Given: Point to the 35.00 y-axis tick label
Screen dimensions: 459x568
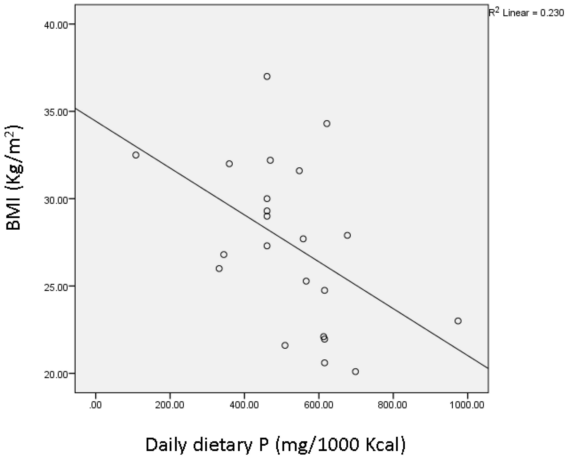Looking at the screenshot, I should click(56, 112).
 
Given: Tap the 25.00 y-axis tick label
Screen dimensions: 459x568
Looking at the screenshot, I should click(56, 287).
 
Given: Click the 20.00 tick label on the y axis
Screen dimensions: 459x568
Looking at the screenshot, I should click(56, 375).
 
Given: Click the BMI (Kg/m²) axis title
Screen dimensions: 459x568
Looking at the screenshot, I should click(14, 178).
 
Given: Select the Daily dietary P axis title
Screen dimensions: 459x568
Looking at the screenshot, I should click(276, 445).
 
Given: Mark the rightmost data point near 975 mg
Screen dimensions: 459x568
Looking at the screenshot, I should click(458, 321).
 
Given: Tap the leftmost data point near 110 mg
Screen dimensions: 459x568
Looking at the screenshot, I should click(136, 155).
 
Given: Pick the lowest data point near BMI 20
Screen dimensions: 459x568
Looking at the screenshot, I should click(355, 372).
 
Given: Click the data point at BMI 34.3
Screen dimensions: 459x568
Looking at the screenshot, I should click(327, 124).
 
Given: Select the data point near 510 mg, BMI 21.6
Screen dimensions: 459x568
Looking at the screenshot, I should click(285, 345).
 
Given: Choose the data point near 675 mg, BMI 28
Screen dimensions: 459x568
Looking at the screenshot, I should click(347, 235).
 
